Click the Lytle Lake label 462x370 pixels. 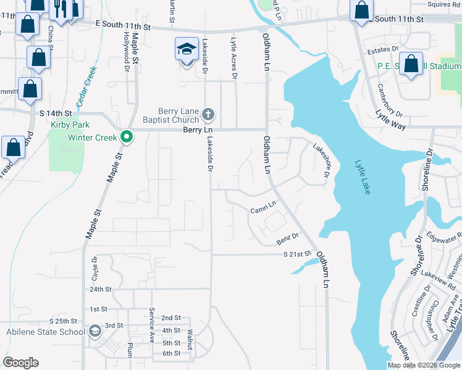(x=363, y=178)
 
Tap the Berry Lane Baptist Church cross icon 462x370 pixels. (x=209, y=114)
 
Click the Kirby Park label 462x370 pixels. (x=66, y=124)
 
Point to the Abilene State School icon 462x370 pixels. (x=94, y=332)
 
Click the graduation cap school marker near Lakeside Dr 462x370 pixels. (x=185, y=49)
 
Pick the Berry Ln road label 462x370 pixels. (x=198, y=130)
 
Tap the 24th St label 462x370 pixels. (x=100, y=289)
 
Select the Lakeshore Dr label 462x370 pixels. (x=321, y=158)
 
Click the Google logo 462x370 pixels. (x=20, y=363)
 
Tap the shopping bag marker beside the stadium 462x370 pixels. (x=411, y=64)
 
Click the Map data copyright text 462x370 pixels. (x=424, y=365)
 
